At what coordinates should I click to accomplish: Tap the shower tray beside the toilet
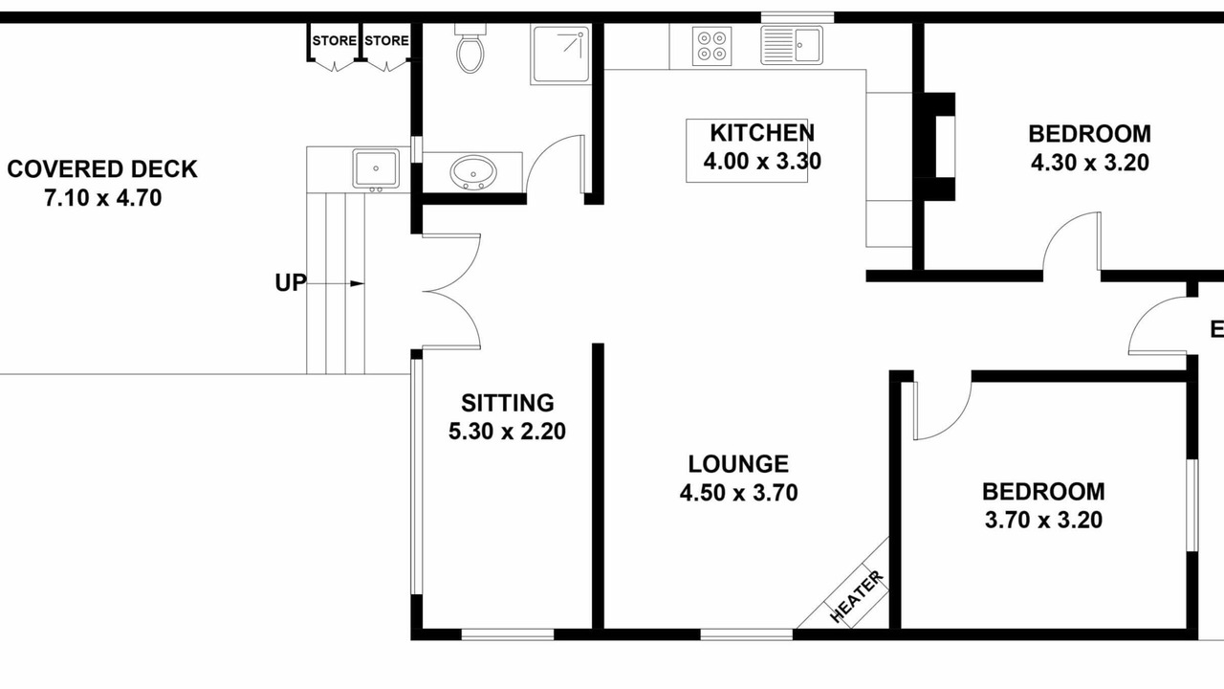tap(560, 55)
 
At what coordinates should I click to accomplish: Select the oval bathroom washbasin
tap(473, 172)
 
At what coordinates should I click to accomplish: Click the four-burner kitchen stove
tap(712, 46)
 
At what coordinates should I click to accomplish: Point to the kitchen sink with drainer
tap(792, 45)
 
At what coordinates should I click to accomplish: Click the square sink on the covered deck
tap(376, 169)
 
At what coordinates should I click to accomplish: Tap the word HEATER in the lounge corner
tap(856, 596)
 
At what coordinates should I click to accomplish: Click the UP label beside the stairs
tap(291, 282)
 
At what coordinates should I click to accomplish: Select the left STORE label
tap(335, 40)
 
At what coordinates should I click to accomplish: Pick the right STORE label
tap(386, 40)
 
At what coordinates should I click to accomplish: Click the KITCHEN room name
tap(762, 133)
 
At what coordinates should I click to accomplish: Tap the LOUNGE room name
tap(738, 464)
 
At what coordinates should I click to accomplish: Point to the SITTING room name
tap(508, 403)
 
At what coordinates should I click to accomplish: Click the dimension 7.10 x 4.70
tap(102, 198)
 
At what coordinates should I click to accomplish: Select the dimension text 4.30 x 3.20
tap(1089, 163)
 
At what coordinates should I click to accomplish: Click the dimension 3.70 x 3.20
tap(1043, 520)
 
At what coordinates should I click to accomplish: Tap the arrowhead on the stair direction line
tap(358, 283)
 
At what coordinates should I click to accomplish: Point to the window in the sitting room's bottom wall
tap(508, 634)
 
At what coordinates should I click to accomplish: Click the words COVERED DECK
tap(102, 169)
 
